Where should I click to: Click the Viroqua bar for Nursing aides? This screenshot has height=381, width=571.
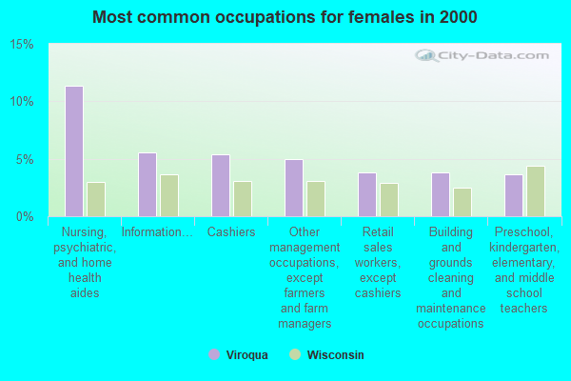[74, 151]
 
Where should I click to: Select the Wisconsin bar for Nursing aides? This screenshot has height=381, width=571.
[96, 199]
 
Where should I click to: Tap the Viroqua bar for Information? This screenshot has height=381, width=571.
[148, 185]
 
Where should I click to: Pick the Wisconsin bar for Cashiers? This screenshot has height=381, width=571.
[243, 198]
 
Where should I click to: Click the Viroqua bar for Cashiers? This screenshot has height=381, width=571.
[221, 186]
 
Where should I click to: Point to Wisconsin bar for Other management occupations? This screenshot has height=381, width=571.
[316, 198]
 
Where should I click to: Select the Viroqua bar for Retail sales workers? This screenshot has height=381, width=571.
[367, 194]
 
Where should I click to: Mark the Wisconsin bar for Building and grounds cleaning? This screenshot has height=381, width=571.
[463, 202]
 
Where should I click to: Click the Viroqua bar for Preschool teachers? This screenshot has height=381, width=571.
[514, 195]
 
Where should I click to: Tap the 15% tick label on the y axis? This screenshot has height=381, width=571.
[22, 45]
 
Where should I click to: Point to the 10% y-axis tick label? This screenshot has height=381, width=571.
[22, 102]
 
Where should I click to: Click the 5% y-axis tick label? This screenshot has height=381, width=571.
[26, 159]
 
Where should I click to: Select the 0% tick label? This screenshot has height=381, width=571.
[26, 216]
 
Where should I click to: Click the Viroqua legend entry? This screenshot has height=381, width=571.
[239, 355]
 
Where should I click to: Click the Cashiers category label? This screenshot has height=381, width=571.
[231, 231]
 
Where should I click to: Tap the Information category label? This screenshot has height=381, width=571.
[157, 231]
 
